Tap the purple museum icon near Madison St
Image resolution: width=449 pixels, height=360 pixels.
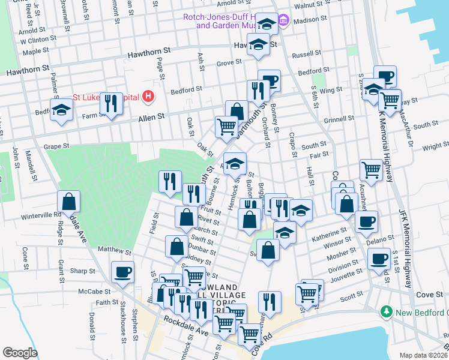(284, 22)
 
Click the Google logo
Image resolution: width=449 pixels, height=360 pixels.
(20, 352)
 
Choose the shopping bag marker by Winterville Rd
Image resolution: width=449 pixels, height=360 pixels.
(69, 200)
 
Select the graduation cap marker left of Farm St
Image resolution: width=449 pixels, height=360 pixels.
(62, 110)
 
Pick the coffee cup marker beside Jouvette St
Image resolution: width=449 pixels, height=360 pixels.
(378, 259)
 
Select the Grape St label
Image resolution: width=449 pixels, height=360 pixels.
(57, 146)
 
